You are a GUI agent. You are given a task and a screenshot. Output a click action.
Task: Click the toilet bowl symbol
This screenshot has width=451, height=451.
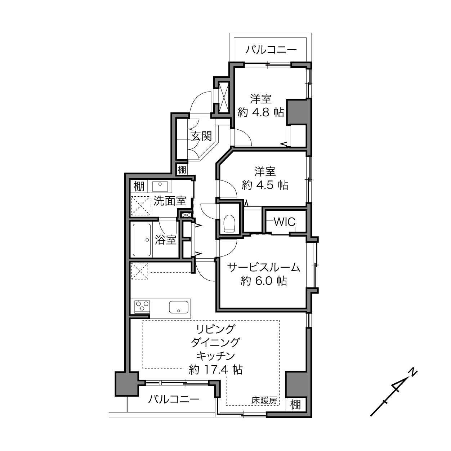(229, 223)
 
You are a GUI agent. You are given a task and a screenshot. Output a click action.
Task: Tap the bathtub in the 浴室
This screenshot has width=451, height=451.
(142, 240)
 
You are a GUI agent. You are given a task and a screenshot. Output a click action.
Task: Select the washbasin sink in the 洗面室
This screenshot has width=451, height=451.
(160, 186)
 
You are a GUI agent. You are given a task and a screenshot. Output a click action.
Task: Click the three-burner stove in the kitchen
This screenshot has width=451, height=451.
(142, 307)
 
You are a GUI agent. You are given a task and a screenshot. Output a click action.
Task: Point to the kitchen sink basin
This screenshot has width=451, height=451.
(179, 307)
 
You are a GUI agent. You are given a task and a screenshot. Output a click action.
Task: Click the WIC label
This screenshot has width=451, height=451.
(285, 222)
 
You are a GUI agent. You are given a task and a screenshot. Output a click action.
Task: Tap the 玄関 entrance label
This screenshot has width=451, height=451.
(201, 136)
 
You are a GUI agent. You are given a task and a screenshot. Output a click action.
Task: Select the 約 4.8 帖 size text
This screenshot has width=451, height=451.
(261, 113)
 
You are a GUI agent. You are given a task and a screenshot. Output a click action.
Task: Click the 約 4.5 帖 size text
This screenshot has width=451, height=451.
(265, 186)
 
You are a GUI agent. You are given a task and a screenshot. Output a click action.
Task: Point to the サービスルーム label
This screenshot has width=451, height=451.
(264, 267)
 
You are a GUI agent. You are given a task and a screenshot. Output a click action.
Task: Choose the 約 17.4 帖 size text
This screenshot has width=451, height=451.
(215, 370)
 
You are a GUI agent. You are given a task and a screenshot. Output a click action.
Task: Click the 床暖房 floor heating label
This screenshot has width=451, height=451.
(264, 401)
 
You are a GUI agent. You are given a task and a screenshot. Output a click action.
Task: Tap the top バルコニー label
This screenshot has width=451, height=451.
(271, 50)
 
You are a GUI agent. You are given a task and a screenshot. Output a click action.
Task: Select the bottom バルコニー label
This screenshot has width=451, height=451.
(174, 399)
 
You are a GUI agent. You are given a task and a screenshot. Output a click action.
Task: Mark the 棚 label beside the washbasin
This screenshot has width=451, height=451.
(139, 187)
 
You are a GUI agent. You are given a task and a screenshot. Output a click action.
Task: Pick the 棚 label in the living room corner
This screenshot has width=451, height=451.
(295, 405)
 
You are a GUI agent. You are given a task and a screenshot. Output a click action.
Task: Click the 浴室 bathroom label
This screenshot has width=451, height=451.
(165, 240)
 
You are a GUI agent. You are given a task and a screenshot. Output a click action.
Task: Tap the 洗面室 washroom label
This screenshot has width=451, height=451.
(170, 201)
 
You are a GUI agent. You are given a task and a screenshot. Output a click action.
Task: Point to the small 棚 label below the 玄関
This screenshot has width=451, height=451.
(182, 170)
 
